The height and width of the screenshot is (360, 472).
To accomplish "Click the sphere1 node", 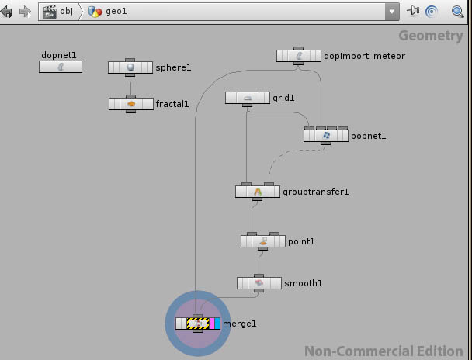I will (x=130, y=67).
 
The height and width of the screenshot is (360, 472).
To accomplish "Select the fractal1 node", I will (x=130, y=103).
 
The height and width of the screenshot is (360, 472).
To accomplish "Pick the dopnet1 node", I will (x=60, y=67).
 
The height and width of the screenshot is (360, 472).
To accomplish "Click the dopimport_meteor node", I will (x=299, y=56).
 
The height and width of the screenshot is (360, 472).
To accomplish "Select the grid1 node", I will (x=247, y=98).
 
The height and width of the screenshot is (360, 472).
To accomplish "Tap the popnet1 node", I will (x=326, y=136).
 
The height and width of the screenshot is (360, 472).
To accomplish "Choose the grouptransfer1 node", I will (x=258, y=191).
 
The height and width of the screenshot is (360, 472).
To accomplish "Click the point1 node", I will (x=263, y=241).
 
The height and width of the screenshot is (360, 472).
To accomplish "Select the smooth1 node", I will (x=259, y=283).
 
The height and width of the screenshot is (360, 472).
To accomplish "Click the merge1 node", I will (x=198, y=324).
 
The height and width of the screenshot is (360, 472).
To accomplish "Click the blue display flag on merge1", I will (x=217, y=324).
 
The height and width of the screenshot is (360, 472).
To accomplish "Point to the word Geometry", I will (x=430, y=36).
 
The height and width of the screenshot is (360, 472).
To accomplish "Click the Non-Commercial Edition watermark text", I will (x=383, y=351).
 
